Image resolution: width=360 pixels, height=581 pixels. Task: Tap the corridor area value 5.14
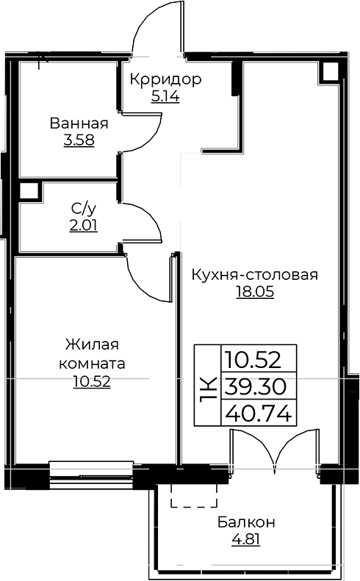tap(165, 95)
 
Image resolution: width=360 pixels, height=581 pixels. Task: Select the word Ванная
tap(79, 123)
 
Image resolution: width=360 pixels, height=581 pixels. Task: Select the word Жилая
tap(92, 345)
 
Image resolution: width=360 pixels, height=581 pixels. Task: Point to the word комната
tap(92, 364)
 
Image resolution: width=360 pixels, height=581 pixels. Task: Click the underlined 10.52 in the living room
tap(92, 381)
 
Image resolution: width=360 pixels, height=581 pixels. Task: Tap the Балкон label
tap(246, 522)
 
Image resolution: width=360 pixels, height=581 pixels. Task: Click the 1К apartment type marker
tap(208, 386)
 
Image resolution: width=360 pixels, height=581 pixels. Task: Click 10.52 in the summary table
tap(259, 360)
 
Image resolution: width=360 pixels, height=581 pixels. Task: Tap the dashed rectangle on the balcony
tap(194, 496)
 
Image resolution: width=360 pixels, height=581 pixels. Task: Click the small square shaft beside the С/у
tap(29, 192)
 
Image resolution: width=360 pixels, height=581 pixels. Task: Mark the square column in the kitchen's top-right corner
tap(329, 71)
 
